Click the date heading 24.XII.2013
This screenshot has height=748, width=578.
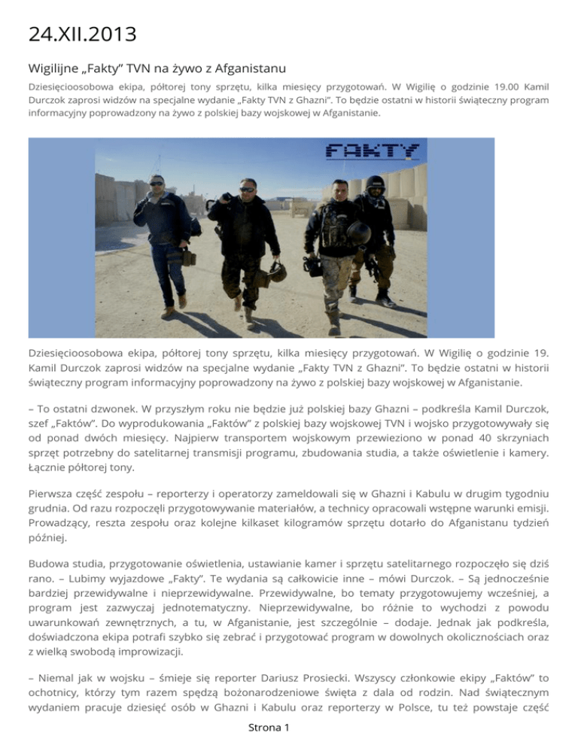coord(79,35)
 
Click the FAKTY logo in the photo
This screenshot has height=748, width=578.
coord(372,151)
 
